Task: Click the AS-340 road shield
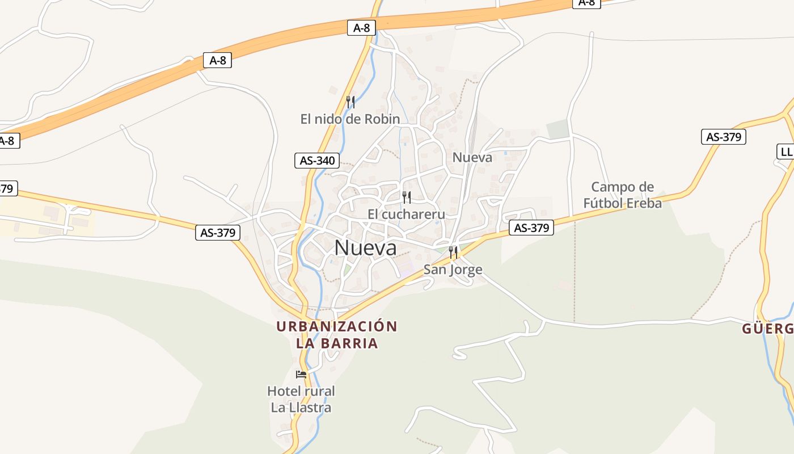click(317, 161)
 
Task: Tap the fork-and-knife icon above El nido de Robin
click(350, 102)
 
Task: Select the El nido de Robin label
click(350, 119)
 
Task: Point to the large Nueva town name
click(365, 247)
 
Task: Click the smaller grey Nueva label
click(472, 157)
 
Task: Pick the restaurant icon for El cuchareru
click(406, 197)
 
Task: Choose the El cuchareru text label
click(406, 214)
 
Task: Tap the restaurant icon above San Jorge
click(453, 253)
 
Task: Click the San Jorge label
click(453, 270)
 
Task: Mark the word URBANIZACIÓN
click(337, 326)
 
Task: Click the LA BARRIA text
click(337, 343)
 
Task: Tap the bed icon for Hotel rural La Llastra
click(301, 375)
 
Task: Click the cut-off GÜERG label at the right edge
click(768, 329)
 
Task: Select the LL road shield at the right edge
click(785, 152)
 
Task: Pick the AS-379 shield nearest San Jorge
click(531, 228)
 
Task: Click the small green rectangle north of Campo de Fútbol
click(558, 129)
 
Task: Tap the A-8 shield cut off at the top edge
click(586, 3)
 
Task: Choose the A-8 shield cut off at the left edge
click(8, 141)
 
